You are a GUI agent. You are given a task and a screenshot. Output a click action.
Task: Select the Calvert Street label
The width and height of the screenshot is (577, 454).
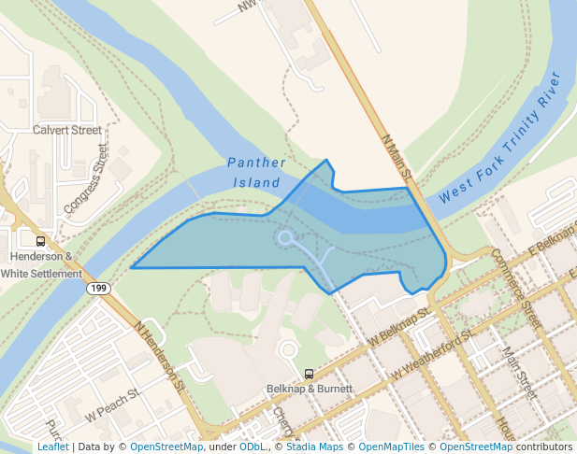pos(66,130)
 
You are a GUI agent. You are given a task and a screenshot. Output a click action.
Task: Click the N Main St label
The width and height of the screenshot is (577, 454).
pos(397,155)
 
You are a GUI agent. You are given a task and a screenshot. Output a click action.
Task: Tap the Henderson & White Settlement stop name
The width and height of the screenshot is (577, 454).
pos(41,264)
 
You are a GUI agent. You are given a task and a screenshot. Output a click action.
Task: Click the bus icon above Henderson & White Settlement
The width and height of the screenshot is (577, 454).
pos(40,240)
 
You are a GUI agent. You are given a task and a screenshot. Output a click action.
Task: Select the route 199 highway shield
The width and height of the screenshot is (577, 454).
pos(98,289)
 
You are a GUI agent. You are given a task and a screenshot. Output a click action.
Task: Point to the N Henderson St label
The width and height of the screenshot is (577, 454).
pos(161,356)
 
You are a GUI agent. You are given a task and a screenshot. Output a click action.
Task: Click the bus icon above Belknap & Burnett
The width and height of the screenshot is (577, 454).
pos(309,374)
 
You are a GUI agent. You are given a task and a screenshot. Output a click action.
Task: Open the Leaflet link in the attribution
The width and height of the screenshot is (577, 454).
pos(52,447)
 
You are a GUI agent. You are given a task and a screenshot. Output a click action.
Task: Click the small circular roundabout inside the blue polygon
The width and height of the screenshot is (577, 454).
pos(285,238)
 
